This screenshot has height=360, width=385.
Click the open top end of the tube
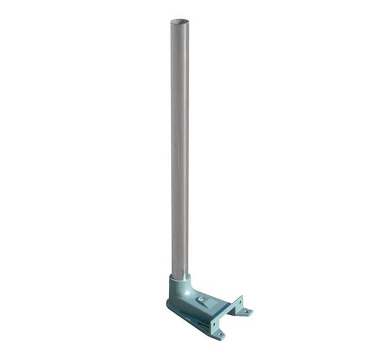[180, 22]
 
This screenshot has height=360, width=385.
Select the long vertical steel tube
[180, 146]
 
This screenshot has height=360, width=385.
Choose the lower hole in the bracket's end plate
[213, 323]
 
